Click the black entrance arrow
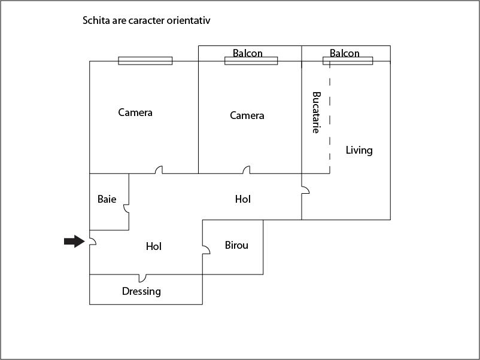(x=74, y=242)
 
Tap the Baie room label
(x=107, y=199)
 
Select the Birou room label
(x=236, y=245)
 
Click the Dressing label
(x=141, y=291)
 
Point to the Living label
(x=359, y=150)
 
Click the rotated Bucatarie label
(x=316, y=112)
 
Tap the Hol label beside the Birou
(x=154, y=246)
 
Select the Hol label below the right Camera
(x=243, y=199)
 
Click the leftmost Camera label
(x=135, y=112)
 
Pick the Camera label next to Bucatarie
(x=247, y=115)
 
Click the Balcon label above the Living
(x=344, y=53)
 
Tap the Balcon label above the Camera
(x=248, y=53)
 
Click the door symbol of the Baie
(x=126, y=209)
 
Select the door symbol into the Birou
(x=206, y=249)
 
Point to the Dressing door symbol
(x=142, y=278)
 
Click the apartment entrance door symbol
(x=93, y=242)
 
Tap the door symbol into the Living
(x=305, y=190)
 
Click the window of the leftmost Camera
(x=145, y=61)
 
